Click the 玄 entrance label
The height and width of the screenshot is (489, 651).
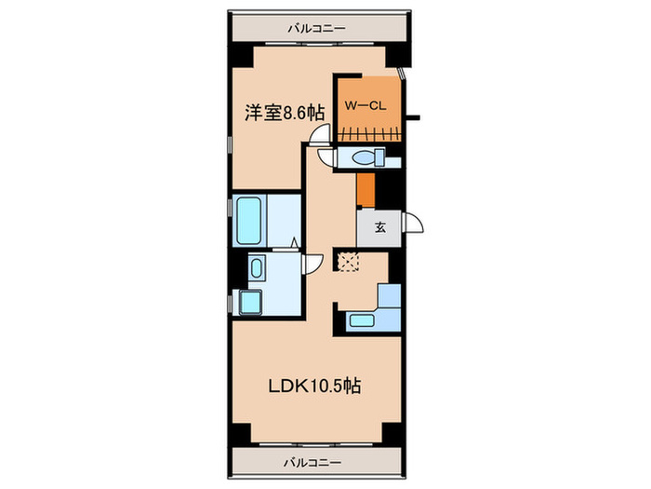pos(379,226)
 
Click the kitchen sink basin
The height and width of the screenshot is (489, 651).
pos(363,321)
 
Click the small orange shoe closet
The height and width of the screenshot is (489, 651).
pos(365,191)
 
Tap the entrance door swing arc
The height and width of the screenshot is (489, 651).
pos(413,224)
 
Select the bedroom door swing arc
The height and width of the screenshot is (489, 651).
pos(319,136)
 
